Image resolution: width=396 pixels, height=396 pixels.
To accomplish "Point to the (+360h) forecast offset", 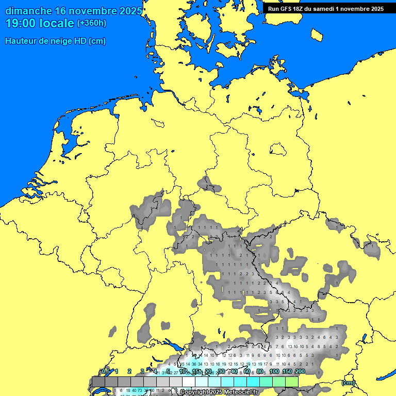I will click(x=92, y=23).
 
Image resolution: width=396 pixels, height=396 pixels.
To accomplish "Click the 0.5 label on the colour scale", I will click(x=106, y=371).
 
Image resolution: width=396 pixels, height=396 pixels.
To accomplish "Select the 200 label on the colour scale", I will click(x=300, y=371).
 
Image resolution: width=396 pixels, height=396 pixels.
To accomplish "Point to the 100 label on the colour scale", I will click(x=274, y=371).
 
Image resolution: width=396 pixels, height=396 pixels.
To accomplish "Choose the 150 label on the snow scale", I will click(x=287, y=371).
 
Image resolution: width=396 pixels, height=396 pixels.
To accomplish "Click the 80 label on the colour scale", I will click(x=260, y=371).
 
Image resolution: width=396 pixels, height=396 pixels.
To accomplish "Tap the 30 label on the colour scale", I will click(x=221, y=371).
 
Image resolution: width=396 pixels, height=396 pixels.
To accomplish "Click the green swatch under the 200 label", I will click(x=292, y=382).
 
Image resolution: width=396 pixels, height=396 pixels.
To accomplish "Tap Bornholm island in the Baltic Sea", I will click(x=317, y=34).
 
